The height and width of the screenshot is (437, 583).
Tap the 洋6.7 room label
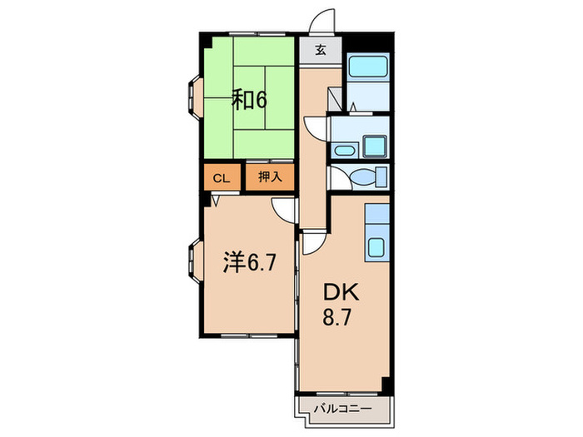(x=249, y=263)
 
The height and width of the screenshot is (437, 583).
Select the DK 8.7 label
(x=338, y=303)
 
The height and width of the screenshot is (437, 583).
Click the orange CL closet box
(x=221, y=178)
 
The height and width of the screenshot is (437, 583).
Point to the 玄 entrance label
(x=321, y=50)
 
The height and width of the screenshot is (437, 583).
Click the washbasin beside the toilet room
(x=344, y=151)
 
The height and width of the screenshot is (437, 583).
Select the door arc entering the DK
(x=311, y=242)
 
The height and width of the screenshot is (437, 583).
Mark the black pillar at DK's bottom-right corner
(x=386, y=385)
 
